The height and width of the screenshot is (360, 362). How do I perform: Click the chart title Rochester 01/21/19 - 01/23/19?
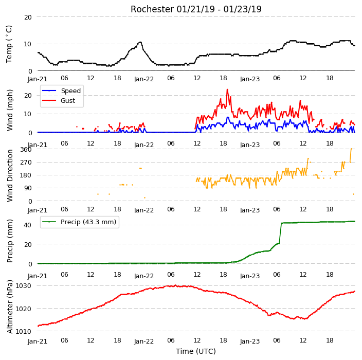(x=196, y=9)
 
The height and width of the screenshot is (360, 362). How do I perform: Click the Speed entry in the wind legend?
(x=70, y=91)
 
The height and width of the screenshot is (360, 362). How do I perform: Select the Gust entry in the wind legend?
(x=68, y=101)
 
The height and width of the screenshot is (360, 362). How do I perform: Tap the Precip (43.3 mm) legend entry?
(x=88, y=222)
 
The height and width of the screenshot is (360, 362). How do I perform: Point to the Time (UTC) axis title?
(x=196, y=351)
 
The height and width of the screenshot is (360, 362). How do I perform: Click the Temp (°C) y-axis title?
(x=9, y=44)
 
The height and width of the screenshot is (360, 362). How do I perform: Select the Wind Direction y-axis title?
(x=10, y=176)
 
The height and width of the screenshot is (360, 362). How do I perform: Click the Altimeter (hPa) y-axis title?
(x=10, y=307)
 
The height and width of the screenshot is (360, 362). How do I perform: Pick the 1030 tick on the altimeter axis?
(x=23, y=286)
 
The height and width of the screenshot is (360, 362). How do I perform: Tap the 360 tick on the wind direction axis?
(x=26, y=150)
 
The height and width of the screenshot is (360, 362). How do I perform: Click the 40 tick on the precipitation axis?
(x=27, y=225)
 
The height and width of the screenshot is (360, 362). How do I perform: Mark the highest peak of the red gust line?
(x=227, y=89)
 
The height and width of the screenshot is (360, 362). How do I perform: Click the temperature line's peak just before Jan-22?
(x=140, y=42)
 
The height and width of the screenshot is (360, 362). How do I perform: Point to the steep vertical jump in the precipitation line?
(x=280, y=233)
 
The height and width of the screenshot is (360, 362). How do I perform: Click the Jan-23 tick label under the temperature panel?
(x=250, y=79)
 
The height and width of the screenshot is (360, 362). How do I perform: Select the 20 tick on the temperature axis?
(x=28, y=17)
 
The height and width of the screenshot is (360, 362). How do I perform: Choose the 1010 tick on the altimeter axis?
(x=23, y=331)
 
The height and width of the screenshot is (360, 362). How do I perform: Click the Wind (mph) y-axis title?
(x=10, y=111)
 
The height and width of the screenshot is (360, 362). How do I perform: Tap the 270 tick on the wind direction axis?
(x=26, y=163)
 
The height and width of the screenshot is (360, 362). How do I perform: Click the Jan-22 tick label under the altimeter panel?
(x=144, y=341)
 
